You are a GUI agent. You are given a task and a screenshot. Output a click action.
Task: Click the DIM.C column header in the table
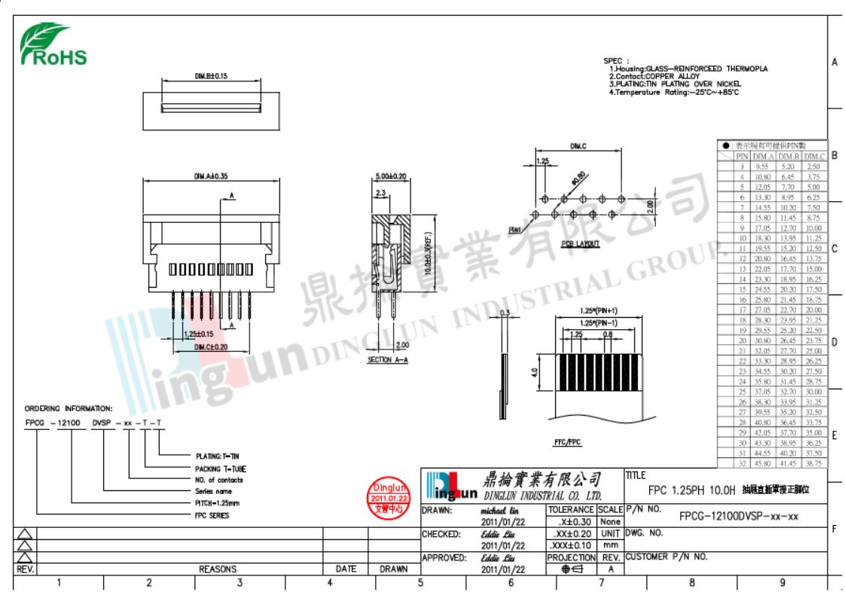815,156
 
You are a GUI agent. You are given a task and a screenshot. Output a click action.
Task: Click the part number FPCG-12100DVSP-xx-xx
728,517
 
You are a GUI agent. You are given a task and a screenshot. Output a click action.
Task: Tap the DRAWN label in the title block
436,510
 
